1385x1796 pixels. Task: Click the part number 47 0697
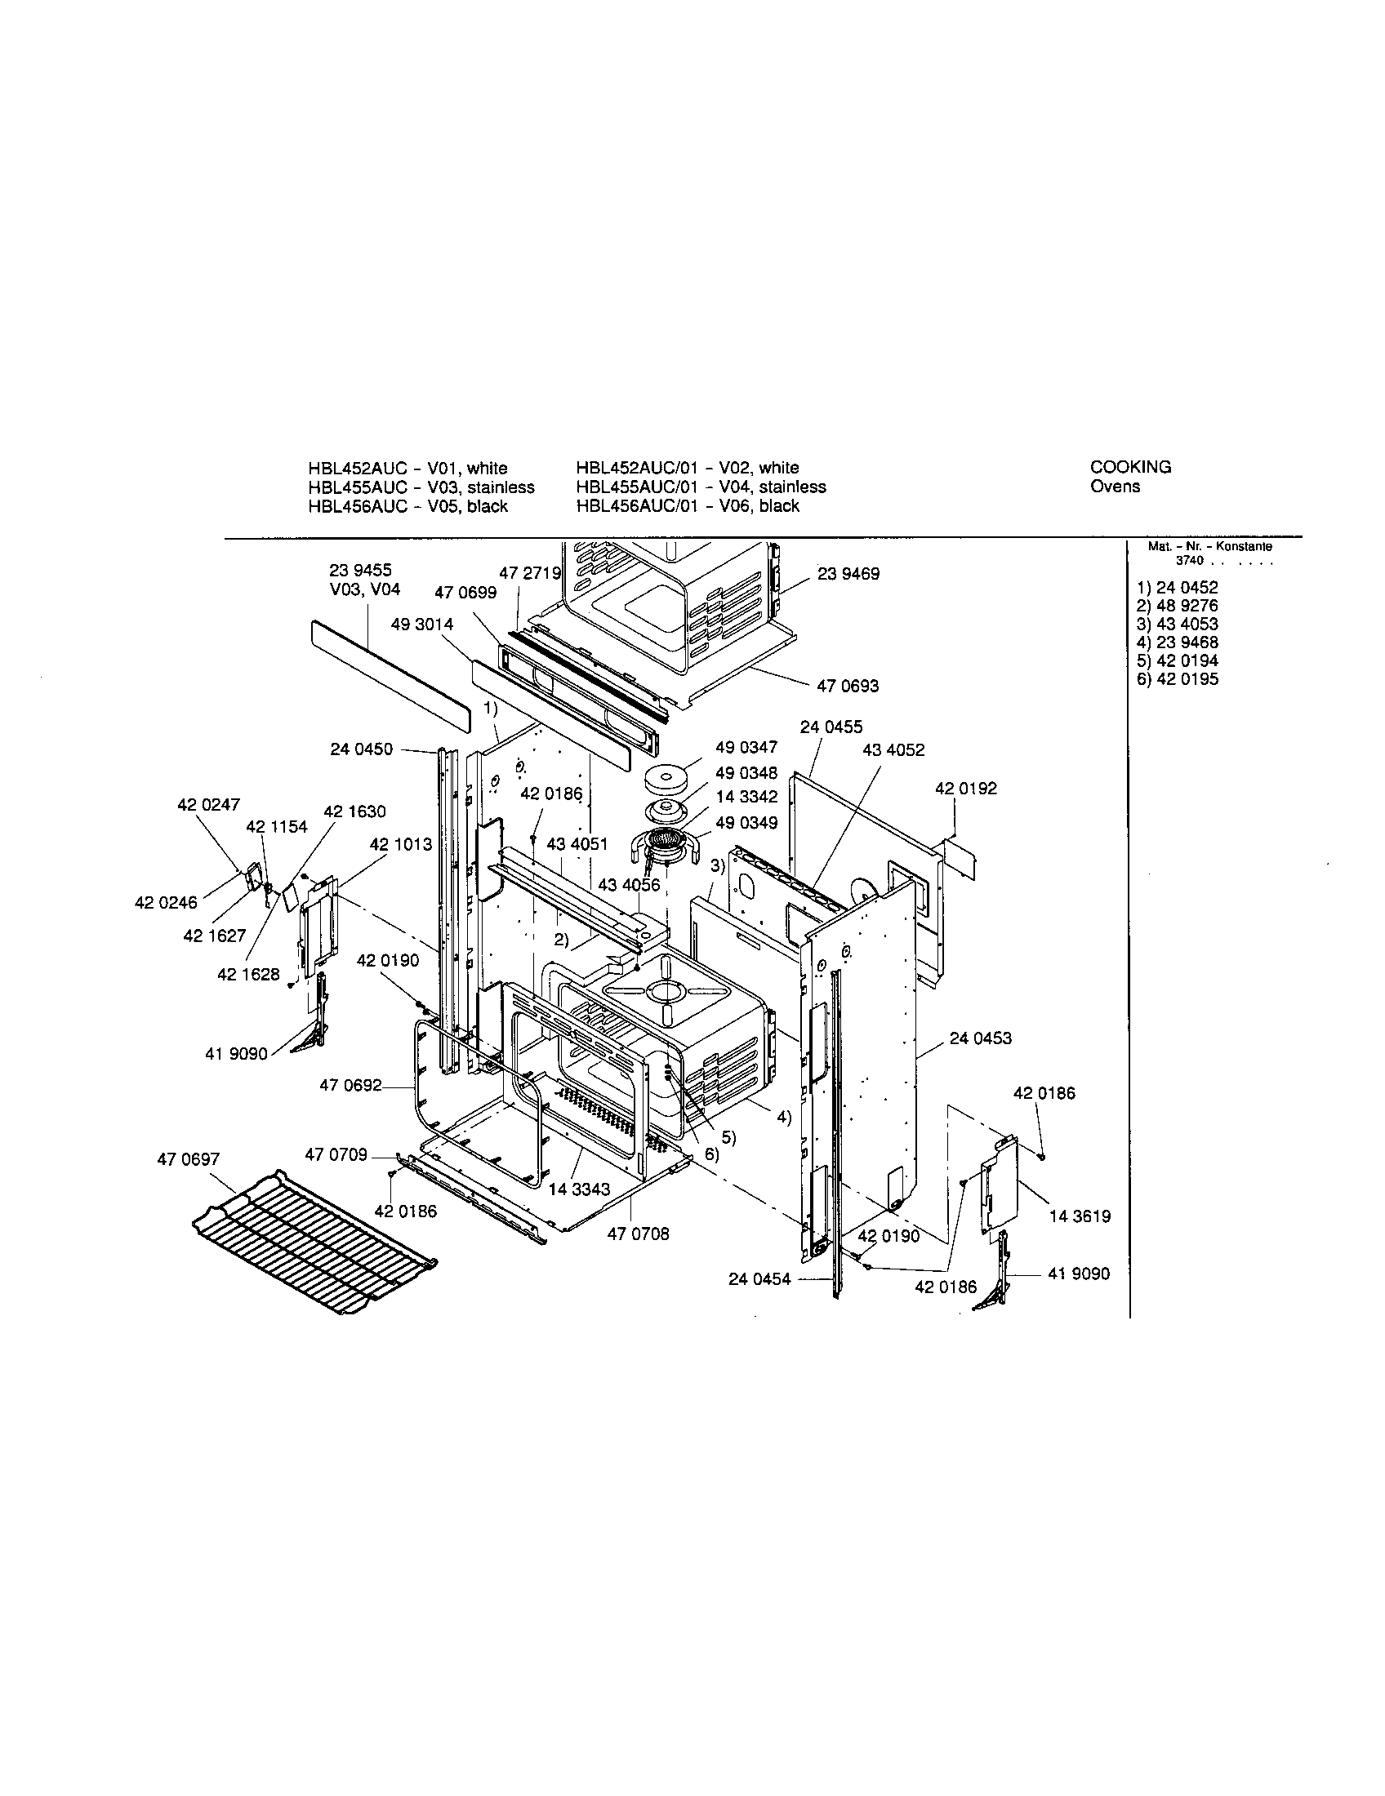[x=189, y=1159]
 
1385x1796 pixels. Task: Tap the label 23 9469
[x=848, y=574]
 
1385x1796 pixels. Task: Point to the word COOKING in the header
[x=1130, y=467]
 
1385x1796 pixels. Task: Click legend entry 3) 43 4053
[x=1177, y=625]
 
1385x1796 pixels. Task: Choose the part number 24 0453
[x=980, y=1038]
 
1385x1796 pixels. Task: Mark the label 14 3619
[x=1080, y=1216]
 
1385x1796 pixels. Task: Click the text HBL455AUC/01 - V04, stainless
[x=701, y=487]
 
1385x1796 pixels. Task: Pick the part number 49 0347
[x=746, y=748]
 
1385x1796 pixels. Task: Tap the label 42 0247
[x=209, y=805]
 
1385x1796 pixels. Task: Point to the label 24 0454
[x=759, y=1278]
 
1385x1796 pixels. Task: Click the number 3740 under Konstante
[x=1189, y=561]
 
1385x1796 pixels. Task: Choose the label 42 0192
[x=965, y=789]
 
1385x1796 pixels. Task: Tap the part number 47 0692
[x=350, y=1086]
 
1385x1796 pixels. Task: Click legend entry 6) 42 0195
[x=1177, y=679]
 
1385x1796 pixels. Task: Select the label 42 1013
[x=400, y=845]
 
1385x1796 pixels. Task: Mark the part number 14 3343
[x=580, y=1190]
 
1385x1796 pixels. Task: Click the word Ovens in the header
[x=1115, y=486]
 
